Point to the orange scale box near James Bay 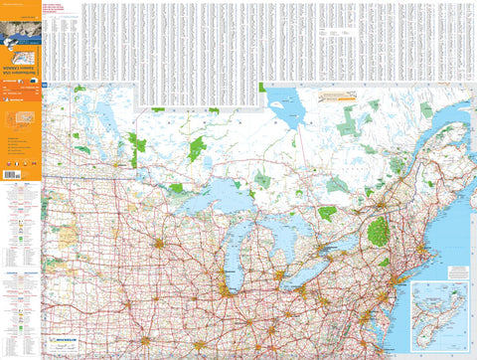coord(341,96)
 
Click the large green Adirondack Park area coord(378,234)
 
